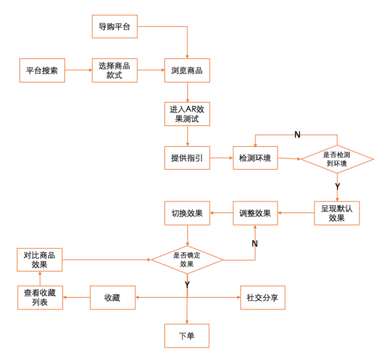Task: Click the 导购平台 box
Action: pos(114,27)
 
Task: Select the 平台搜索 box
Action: pos(42,70)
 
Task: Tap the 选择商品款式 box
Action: pos(114,70)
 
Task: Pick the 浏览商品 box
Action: pos(187,70)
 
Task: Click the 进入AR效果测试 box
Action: pos(187,114)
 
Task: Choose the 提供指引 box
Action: pos(187,158)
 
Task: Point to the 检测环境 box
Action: pos(255,158)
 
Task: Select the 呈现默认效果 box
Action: pos(337,213)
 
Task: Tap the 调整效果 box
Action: pos(255,213)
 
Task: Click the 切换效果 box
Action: pos(187,213)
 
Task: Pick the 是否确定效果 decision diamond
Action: pos(187,260)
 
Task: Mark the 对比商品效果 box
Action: pos(40,260)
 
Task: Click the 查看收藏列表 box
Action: pos(40,298)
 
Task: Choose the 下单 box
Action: pos(187,336)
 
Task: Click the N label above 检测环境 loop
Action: pos(297,135)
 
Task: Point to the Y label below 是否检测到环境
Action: pos(337,186)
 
